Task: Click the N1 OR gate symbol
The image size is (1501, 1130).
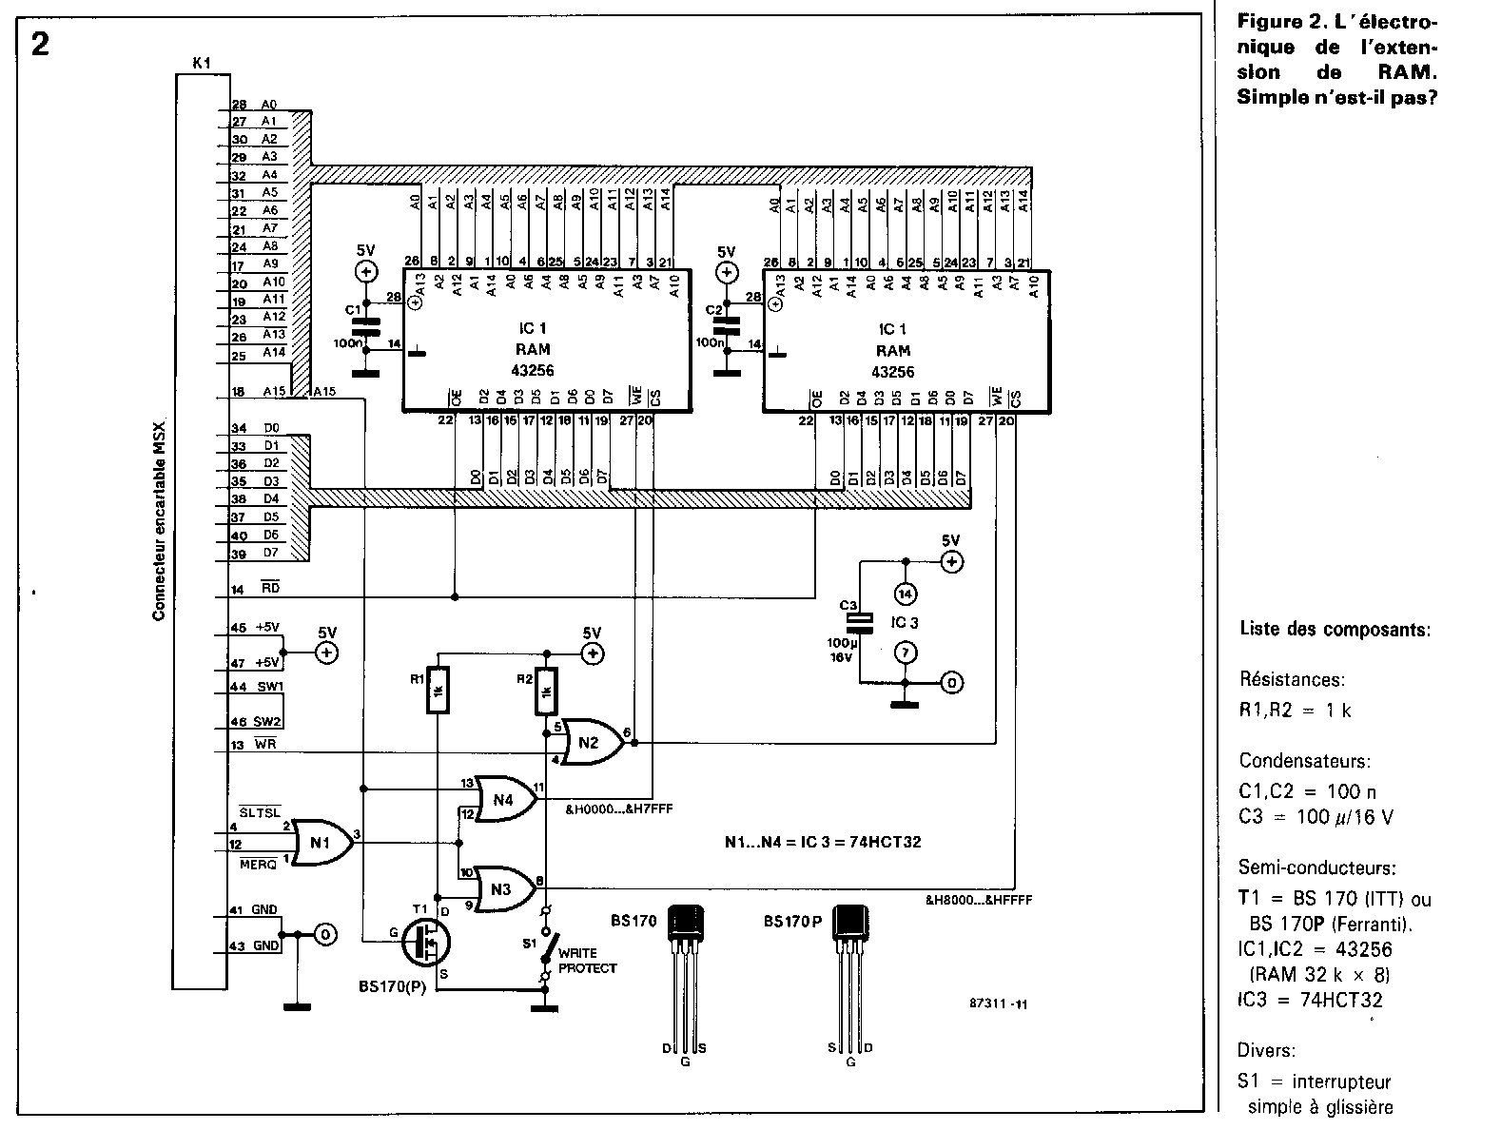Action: tap(321, 842)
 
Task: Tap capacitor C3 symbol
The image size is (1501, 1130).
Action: tap(860, 622)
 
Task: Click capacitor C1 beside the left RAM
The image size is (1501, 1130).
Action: tap(365, 323)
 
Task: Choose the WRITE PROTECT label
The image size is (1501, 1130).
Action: tap(588, 960)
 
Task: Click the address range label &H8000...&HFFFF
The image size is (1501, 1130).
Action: tap(978, 899)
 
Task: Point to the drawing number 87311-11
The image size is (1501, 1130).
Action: tap(998, 1003)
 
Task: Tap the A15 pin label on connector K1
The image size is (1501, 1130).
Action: tap(275, 391)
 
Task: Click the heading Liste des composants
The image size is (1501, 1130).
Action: tap(1335, 629)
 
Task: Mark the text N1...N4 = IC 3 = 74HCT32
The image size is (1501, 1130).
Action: tap(822, 842)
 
